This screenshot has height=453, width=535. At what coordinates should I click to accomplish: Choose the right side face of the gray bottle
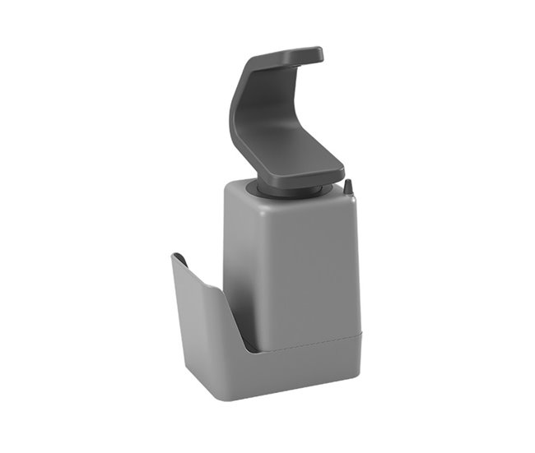tap(347, 263)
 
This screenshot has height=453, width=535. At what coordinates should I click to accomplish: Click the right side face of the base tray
tap(350, 354)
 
